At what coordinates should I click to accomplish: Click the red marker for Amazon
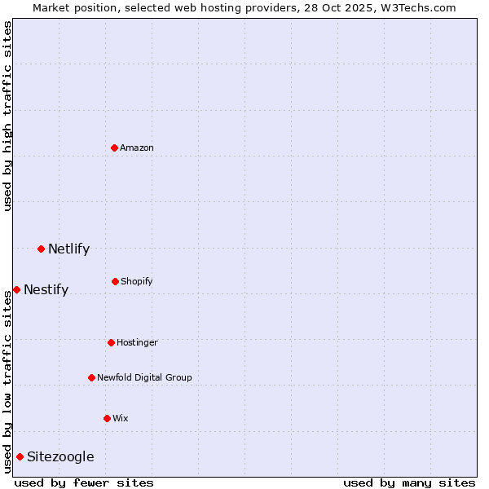click(x=115, y=148)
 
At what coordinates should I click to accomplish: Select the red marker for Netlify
click(x=41, y=249)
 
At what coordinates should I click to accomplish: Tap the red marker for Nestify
click(x=16, y=289)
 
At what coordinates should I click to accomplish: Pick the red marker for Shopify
click(x=115, y=281)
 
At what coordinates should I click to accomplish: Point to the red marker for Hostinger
click(x=111, y=342)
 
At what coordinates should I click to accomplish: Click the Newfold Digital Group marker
click(x=91, y=377)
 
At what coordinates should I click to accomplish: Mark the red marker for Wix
click(x=107, y=418)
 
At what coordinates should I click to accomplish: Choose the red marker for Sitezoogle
click(x=20, y=456)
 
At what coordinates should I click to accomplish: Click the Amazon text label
click(x=137, y=148)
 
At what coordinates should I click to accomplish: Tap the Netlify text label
click(x=68, y=249)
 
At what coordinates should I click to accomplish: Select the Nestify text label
click(x=46, y=290)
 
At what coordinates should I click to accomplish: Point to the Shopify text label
click(x=137, y=282)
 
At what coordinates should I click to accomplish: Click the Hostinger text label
click(x=137, y=343)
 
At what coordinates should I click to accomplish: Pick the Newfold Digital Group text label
click(x=144, y=378)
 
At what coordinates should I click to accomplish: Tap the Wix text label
click(x=121, y=419)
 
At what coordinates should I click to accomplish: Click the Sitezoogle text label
click(x=60, y=457)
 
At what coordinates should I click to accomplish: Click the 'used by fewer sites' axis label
click(x=84, y=482)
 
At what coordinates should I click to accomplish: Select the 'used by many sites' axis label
click(x=409, y=482)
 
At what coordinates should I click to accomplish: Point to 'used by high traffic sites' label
click(x=7, y=116)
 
